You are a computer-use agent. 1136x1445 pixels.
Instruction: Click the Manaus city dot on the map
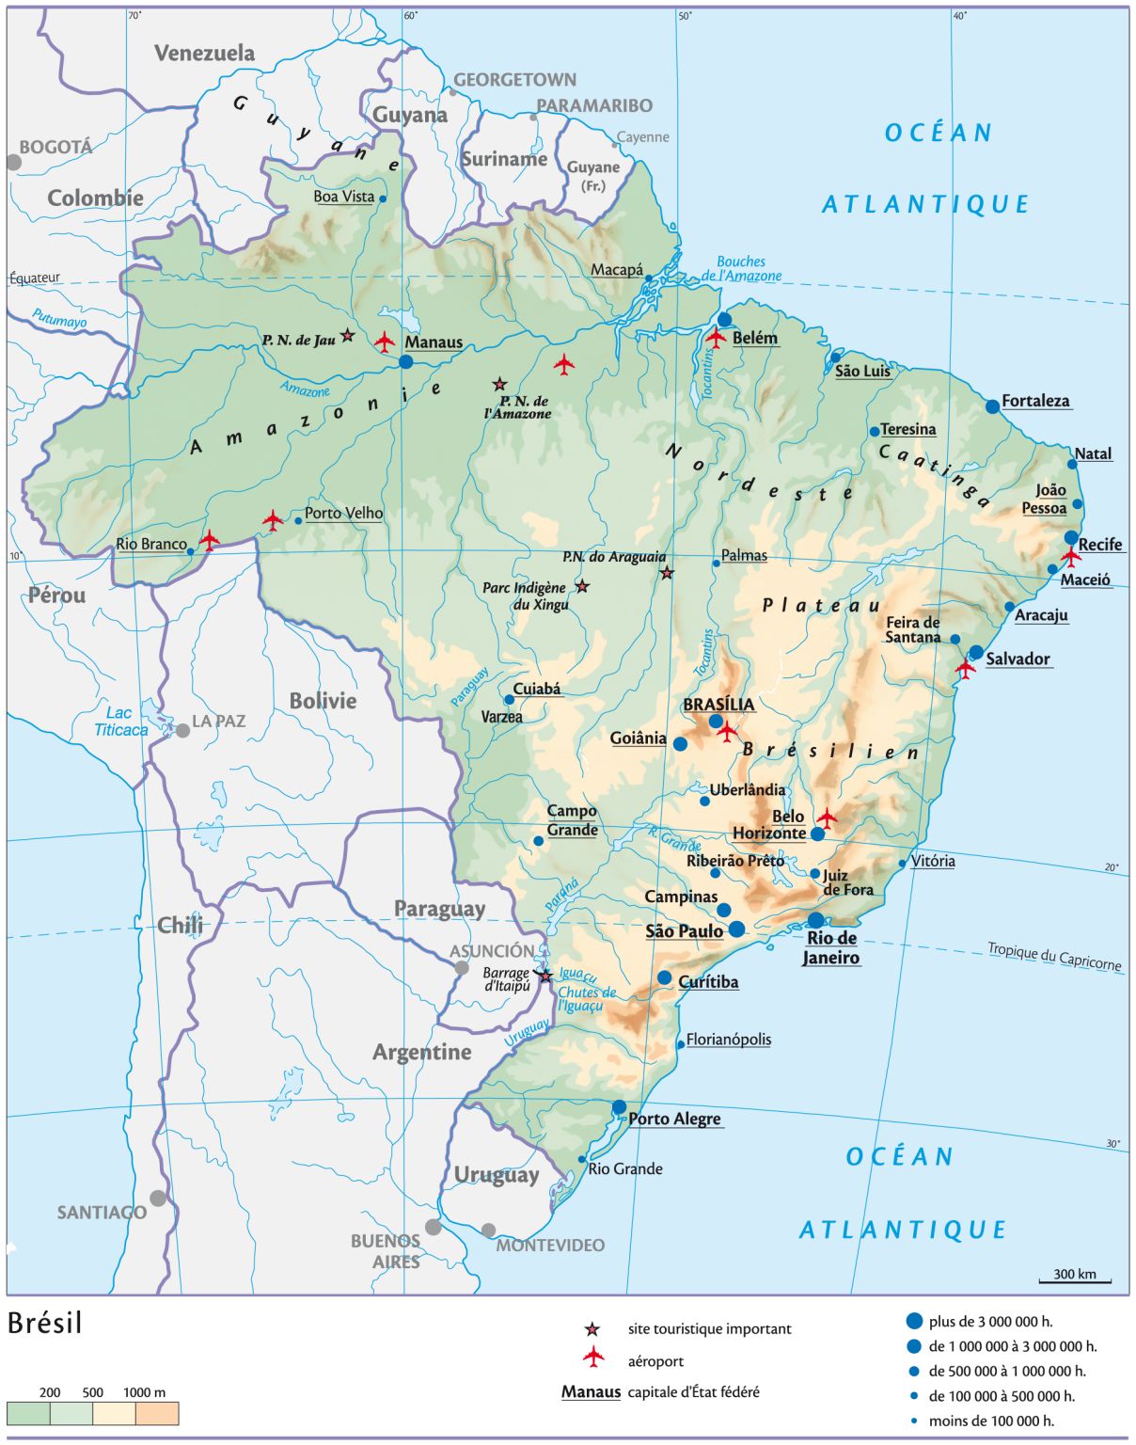click(405, 361)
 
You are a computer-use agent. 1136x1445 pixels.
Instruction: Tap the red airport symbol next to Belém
click(716, 338)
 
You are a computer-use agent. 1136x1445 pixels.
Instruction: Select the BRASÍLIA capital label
click(718, 705)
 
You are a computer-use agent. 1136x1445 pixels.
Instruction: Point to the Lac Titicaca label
click(120, 722)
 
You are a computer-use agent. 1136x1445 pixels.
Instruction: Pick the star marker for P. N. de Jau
click(347, 335)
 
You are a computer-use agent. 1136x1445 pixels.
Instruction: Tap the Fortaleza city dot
click(992, 406)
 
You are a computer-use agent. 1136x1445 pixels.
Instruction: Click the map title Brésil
click(45, 1323)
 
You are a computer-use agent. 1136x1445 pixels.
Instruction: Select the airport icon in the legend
click(592, 1357)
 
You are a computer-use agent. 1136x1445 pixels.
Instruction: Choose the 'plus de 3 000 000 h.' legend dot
click(913, 1321)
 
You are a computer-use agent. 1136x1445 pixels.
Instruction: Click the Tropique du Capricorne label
click(1054, 956)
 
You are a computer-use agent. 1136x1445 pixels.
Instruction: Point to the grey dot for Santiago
click(158, 1198)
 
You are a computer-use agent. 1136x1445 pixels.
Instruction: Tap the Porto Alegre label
click(674, 1119)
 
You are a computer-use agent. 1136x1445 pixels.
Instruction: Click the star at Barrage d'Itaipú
click(544, 976)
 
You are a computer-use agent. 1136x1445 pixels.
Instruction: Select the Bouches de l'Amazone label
click(742, 269)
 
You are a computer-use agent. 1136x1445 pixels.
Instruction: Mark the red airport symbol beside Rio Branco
click(209, 539)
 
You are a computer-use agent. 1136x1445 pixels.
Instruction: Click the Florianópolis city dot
click(681, 1044)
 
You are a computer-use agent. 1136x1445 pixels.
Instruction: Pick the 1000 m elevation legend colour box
click(157, 1414)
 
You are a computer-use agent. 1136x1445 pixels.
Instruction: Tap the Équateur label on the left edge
click(35, 278)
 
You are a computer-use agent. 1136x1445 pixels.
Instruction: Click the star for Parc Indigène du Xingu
click(582, 586)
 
